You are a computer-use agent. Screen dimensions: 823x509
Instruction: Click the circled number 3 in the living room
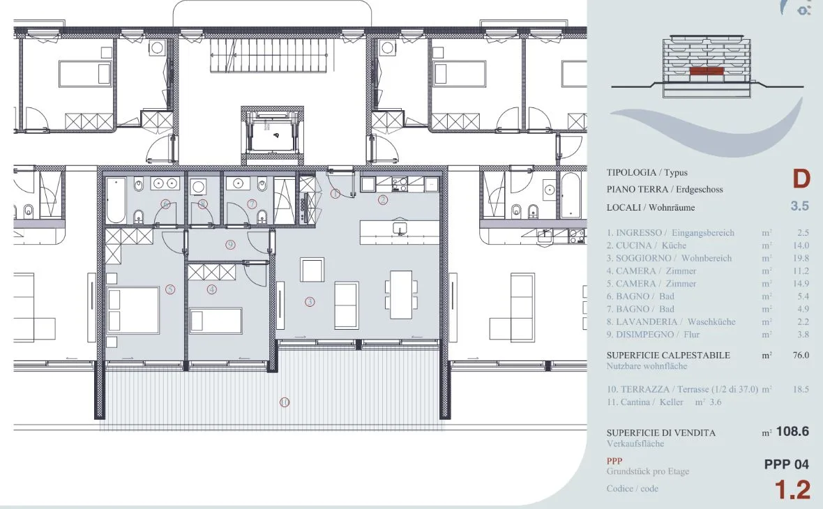(x=310, y=302)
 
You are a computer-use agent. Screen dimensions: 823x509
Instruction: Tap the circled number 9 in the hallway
(x=230, y=245)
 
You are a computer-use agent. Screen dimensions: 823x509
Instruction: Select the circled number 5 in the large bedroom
(x=169, y=289)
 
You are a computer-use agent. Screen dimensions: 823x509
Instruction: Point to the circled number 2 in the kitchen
(x=383, y=199)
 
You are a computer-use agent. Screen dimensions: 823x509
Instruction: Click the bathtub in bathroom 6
(x=116, y=200)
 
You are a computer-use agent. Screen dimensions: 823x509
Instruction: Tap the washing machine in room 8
(x=198, y=186)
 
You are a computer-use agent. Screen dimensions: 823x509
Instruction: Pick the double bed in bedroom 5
(x=133, y=310)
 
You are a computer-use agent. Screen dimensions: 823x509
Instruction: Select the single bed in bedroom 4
(x=216, y=321)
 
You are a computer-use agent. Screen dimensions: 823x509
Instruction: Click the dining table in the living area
(x=401, y=294)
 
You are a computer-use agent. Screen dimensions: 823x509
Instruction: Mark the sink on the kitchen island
(x=400, y=229)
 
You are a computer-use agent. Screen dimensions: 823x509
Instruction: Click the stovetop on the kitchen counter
(x=400, y=184)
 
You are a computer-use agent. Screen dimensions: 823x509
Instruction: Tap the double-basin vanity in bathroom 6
(x=165, y=183)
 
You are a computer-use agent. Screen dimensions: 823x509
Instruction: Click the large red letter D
(x=801, y=179)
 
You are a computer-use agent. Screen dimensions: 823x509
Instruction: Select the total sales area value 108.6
(x=792, y=432)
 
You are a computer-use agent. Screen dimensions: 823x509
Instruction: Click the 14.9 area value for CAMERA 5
(x=801, y=283)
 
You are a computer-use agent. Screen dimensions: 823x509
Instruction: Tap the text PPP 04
(x=786, y=464)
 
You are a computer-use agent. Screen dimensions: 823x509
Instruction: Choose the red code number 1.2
(x=792, y=489)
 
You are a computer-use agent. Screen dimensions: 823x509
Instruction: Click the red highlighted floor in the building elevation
(x=707, y=71)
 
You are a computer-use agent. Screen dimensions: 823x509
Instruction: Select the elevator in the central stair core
(x=273, y=135)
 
